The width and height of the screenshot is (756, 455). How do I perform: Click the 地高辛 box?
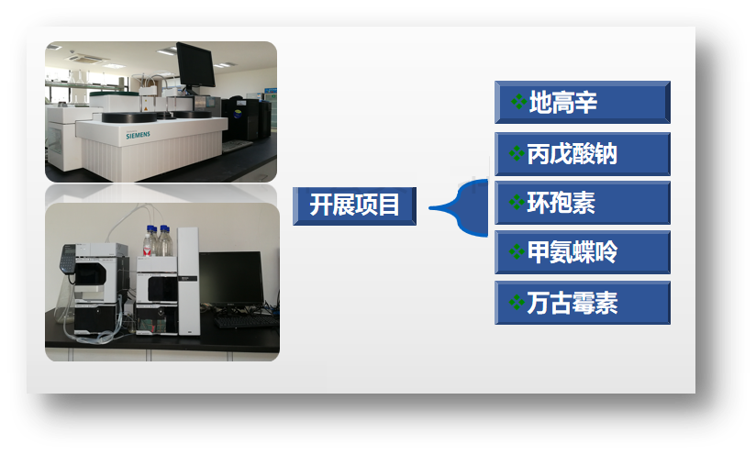[x=583, y=102]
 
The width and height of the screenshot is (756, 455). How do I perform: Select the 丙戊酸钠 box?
[x=583, y=154]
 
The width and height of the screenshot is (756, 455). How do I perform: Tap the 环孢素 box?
[x=583, y=203]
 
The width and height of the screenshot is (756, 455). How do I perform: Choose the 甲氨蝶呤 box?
[x=583, y=252]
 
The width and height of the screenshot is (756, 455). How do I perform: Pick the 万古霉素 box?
[x=583, y=303]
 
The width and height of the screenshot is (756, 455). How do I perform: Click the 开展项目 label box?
[x=354, y=205]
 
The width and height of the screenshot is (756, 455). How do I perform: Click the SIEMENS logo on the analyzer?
[x=138, y=136]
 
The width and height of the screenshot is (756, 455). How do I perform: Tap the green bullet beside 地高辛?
[x=518, y=102]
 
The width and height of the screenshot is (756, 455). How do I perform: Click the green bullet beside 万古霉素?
[x=517, y=303]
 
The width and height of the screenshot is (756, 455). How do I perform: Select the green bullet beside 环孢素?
[x=517, y=203]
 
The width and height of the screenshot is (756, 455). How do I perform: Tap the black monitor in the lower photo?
[x=231, y=279]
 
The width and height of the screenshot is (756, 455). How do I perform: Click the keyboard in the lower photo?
[x=246, y=321]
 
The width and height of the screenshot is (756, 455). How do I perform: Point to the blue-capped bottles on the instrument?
[x=158, y=241]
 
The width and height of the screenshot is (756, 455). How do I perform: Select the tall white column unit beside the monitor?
[x=188, y=282]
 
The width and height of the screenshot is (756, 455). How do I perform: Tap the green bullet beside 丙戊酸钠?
[x=517, y=153]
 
